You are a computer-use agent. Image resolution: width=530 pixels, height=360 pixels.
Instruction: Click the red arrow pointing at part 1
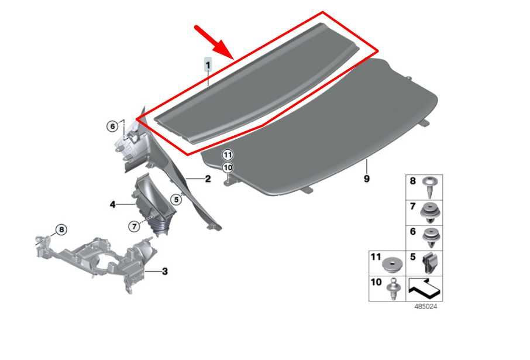[214, 42]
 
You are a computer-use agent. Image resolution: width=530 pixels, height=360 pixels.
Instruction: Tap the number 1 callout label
[208, 64]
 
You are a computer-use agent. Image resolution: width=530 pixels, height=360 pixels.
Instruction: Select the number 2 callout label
[208, 179]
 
